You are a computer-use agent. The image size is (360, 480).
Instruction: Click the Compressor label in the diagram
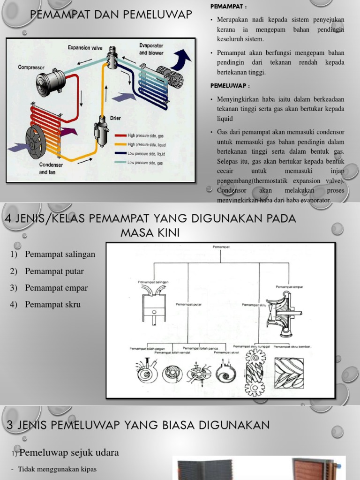pos(31,67)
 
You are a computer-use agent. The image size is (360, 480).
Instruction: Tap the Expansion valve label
pos(85,47)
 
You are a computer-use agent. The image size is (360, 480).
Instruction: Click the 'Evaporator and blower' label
pos(151,49)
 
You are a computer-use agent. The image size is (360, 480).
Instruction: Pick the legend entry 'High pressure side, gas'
pos(146,136)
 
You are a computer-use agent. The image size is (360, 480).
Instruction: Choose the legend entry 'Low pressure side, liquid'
pos(146,154)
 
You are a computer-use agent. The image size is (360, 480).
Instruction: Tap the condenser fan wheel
pos(36,142)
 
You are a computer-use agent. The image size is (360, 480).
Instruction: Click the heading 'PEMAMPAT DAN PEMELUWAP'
pos(111,15)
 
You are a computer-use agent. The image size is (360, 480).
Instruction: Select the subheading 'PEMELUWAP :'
pos(230,86)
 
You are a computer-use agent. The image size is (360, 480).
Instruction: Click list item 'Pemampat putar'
pos(54,271)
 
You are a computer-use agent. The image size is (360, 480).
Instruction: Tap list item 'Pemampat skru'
pos(52,305)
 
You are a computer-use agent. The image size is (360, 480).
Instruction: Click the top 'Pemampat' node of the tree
pos(221,246)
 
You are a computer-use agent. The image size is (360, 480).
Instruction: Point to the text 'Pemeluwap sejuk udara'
pos(69,452)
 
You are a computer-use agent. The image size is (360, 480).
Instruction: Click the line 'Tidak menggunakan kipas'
pos(57,469)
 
